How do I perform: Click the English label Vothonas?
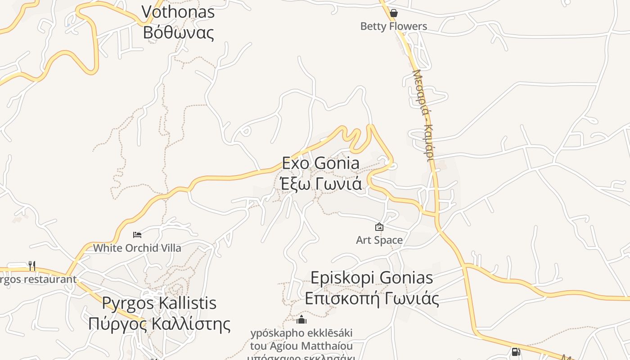pyautogui.click(x=178, y=12)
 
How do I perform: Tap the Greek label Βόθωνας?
pyautogui.click(x=178, y=32)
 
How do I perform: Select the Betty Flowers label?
pyautogui.click(x=394, y=26)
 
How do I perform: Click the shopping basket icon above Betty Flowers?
pyautogui.click(x=394, y=13)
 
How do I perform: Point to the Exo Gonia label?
pyautogui.click(x=321, y=163)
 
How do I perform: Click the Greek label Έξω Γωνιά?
pyautogui.click(x=321, y=184)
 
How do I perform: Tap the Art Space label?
pyautogui.click(x=379, y=240)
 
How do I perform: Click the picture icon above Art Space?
pyautogui.click(x=379, y=227)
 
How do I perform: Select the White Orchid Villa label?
pyautogui.click(x=137, y=248)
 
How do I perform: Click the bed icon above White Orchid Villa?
pyautogui.click(x=137, y=235)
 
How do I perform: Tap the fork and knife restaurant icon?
pyautogui.click(x=31, y=266)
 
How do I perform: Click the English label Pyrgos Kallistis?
pyautogui.click(x=159, y=303)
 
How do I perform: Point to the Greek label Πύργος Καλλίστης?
pyautogui.click(x=159, y=324)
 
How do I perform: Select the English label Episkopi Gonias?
pyautogui.click(x=372, y=278)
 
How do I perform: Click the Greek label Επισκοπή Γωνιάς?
pyautogui.click(x=372, y=298)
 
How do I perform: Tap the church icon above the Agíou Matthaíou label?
pyautogui.click(x=301, y=320)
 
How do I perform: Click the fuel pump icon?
pyautogui.click(x=516, y=351)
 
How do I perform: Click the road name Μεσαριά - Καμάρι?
pyautogui.click(x=423, y=115)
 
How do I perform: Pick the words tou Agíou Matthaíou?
pyautogui.click(x=301, y=346)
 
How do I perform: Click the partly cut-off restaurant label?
pyautogui.click(x=38, y=279)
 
